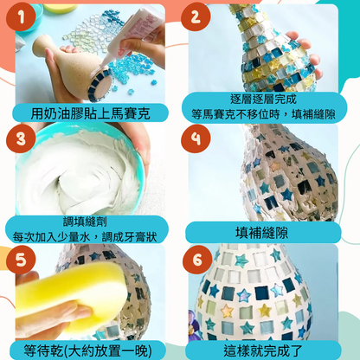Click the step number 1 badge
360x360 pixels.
coord(21,17)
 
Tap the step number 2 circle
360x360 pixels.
coord(196,17)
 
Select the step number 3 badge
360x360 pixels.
coord(21,138)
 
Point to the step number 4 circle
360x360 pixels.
coord(196,138)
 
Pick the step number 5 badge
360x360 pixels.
coord(21,260)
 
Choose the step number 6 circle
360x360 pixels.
coord(197,260)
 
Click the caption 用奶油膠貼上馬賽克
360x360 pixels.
coord(90,113)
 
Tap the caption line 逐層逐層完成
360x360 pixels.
coord(263,100)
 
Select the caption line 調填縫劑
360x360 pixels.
coord(85,222)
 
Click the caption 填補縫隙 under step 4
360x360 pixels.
coord(261,233)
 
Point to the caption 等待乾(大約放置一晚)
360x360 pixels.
coord(87,350)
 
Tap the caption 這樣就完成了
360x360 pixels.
coord(262,350)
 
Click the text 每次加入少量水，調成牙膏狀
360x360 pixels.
coord(85,237)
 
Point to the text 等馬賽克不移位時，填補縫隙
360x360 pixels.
coord(263,114)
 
